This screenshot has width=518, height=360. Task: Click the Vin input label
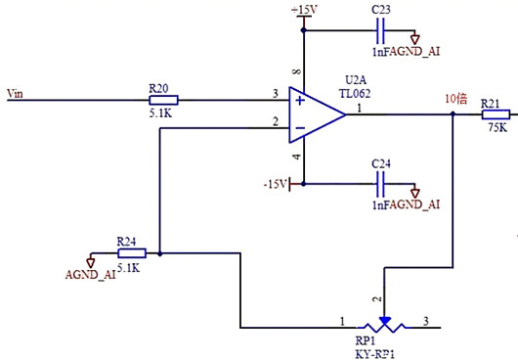[x=15, y=94]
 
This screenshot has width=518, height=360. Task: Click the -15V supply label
[x=276, y=182]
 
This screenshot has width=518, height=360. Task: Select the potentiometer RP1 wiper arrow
[x=385, y=319]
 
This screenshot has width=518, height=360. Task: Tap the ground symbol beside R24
[x=91, y=260]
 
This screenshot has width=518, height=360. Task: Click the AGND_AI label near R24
[x=90, y=276]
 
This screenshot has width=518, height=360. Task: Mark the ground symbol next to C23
[x=414, y=38]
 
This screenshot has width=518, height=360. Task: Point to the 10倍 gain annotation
[x=456, y=99]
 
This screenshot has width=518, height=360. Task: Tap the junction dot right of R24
[x=158, y=252]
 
